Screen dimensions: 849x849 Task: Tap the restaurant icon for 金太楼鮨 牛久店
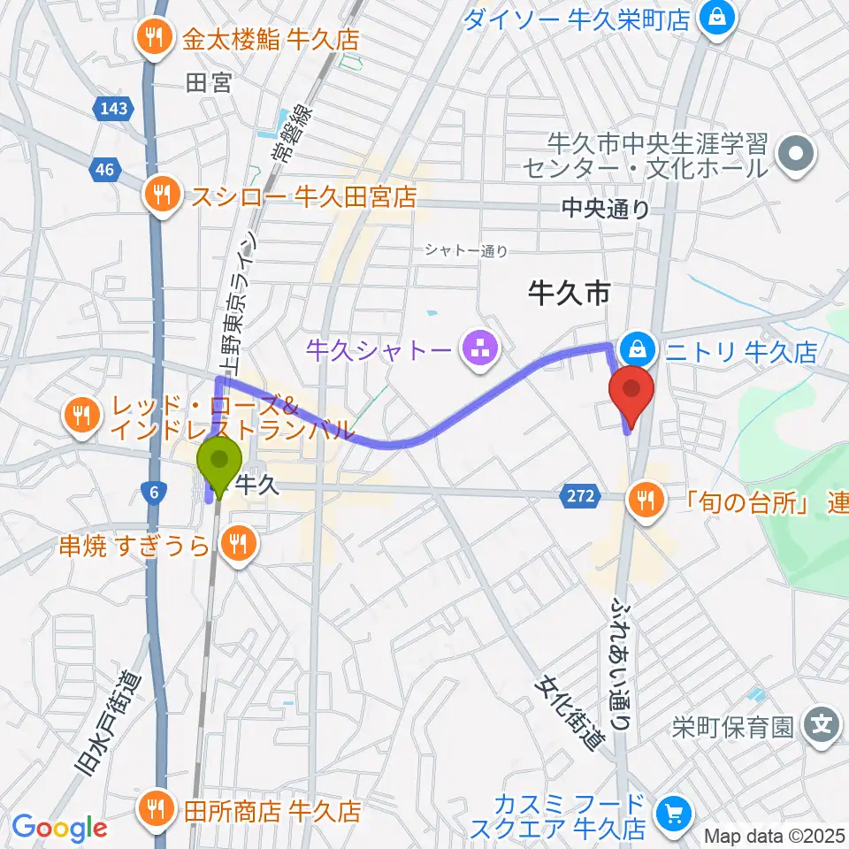[x=155, y=38]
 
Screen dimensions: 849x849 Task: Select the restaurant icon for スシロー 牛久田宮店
[x=161, y=195]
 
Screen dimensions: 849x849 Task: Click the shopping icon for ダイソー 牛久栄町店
[x=716, y=17]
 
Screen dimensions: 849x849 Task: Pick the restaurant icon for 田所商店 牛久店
[x=157, y=808]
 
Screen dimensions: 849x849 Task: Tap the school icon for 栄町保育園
[x=822, y=727]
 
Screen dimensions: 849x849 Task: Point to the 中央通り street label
[x=606, y=210]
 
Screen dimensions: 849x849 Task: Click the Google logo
[x=58, y=828]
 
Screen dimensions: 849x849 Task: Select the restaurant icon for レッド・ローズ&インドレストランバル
[x=83, y=414]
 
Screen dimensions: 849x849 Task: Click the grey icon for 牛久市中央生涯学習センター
[x=796, y=153]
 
